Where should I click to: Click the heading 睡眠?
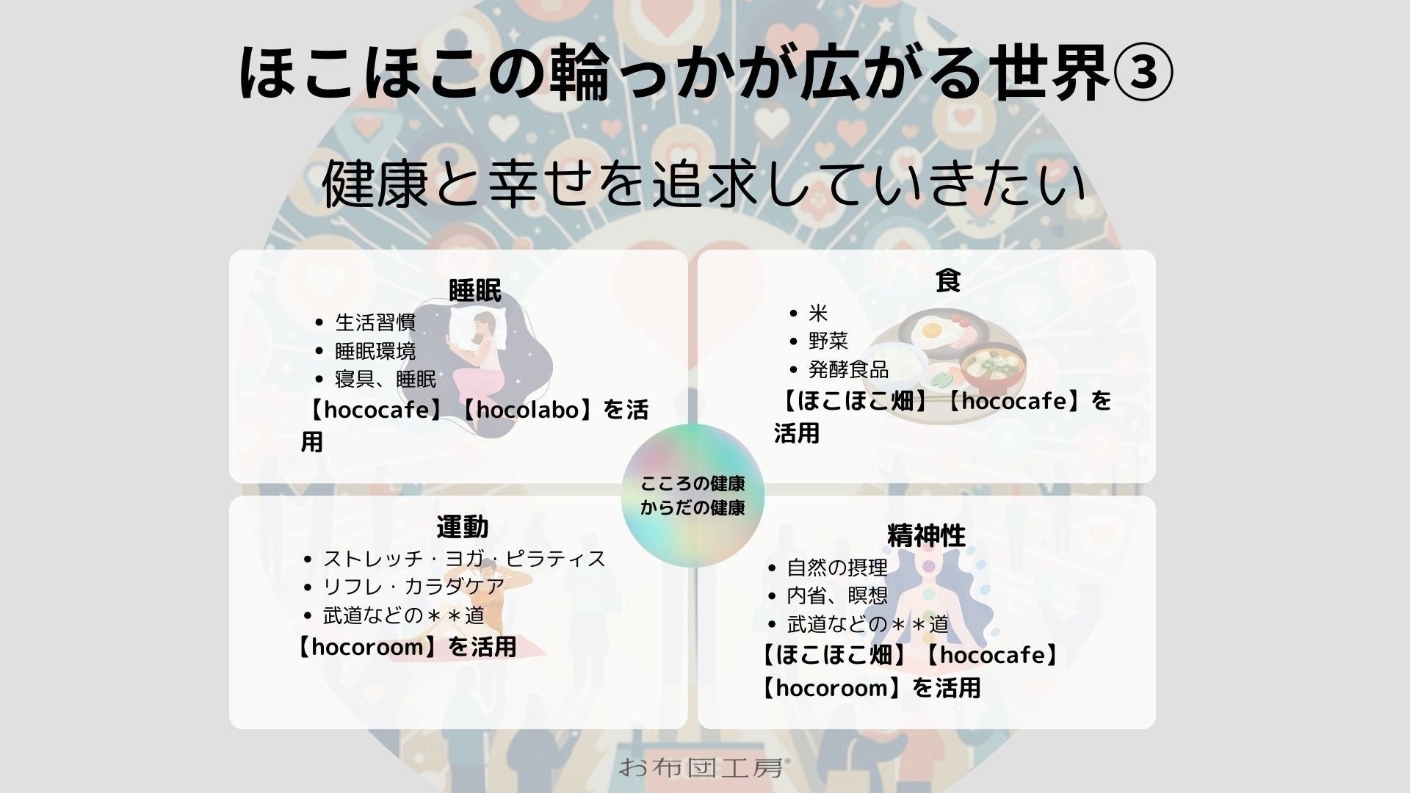tap(475, 292)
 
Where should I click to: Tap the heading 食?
tap(948, 280)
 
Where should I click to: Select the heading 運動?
tap(462, 526)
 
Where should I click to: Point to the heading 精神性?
tap(926, 536)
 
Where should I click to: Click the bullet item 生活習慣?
tap(375, 322)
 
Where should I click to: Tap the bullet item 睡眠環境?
tap(375, 351)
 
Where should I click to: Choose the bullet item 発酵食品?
tap(848, 369)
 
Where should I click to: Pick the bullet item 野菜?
tap(828, 341)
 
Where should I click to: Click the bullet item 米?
tap(818, 313)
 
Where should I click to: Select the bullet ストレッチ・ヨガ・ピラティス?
tap(464, 559)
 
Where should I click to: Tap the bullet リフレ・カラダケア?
tap(414, 587)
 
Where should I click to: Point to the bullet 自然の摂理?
tap(827, 568)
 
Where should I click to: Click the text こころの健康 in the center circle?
tap(693, 483)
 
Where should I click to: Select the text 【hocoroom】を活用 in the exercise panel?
tap(406, 647)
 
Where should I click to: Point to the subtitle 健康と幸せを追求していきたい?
tap(704, 184)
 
